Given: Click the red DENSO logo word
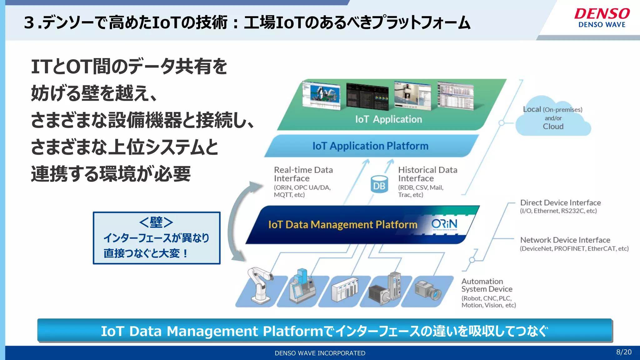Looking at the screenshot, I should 602,14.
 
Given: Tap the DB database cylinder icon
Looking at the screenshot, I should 379,184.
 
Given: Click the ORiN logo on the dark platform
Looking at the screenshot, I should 444,224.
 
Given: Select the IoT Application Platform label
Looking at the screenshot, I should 370,146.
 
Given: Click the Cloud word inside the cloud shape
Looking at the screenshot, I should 553,127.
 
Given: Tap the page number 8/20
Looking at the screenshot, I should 623,352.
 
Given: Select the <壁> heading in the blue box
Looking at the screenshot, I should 156,222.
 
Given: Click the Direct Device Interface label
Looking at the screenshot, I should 560,203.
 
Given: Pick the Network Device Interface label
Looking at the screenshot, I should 565,240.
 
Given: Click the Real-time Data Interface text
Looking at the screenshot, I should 303,174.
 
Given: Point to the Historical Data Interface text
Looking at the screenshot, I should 427,174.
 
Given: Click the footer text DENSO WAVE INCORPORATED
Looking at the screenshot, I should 320,353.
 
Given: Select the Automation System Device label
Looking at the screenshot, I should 487,285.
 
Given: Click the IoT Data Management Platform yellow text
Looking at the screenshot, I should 342,225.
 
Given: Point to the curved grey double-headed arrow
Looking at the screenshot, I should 235,219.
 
